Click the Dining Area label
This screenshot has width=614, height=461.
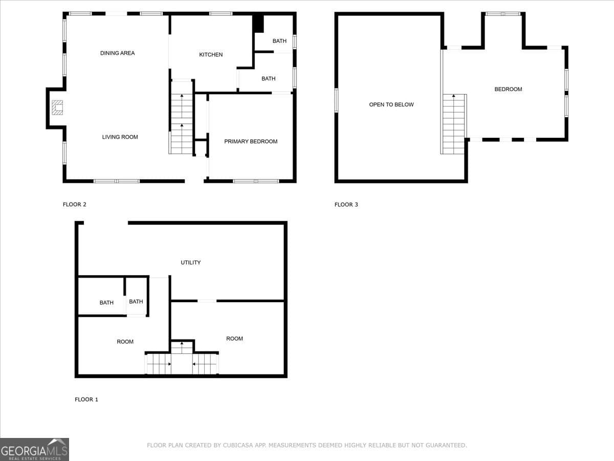coord(117,53)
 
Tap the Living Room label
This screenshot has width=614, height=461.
coord(120,137)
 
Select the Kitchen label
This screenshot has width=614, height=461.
coord(211,55)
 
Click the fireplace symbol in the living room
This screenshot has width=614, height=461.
coord(57,107)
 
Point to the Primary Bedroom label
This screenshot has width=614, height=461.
coord(251,141)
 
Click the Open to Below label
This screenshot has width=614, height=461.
coord(391,104)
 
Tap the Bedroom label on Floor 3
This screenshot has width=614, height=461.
coord(508,89)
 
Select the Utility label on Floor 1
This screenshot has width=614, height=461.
coord(190,263)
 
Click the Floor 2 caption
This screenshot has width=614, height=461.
coord(75,204)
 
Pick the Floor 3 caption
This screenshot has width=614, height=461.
coord(346,204)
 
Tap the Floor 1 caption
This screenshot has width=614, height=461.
coord(86,400)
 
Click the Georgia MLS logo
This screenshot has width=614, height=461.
coord(34,449)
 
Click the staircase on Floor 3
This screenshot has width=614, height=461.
coord(453,123)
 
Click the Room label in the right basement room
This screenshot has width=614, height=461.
coord(234,339)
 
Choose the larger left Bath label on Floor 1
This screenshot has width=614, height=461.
coord(106,303)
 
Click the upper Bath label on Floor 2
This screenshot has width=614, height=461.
coord(279,41)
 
